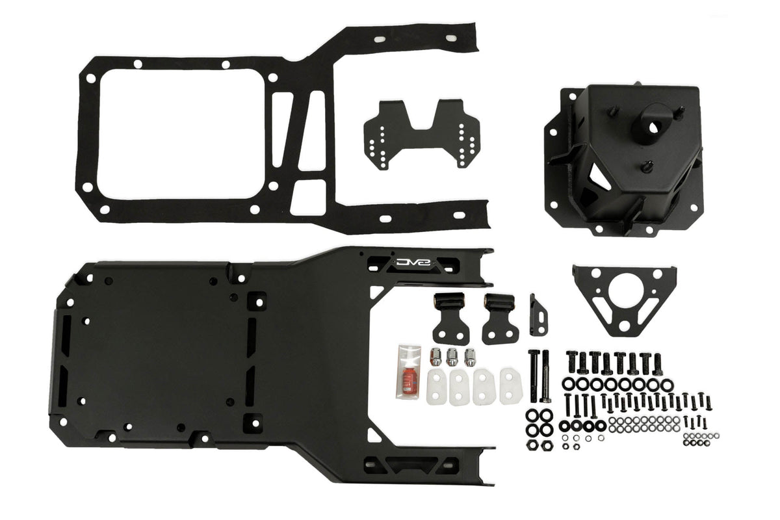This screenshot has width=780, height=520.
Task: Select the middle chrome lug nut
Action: [x=452, y=357]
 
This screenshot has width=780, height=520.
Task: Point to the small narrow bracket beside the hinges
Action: [x=538, y=315]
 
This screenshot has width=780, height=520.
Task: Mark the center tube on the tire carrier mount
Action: [x=647, y=119]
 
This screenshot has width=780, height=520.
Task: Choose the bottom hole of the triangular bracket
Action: [x=623, y=326]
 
